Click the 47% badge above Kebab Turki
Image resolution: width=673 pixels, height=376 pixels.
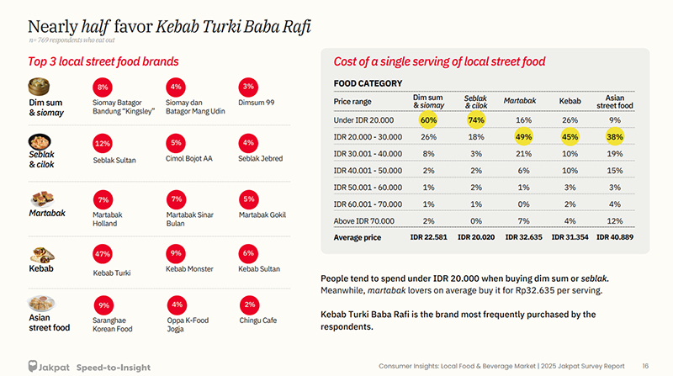tap(103, 253)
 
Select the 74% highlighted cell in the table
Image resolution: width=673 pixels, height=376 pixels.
tap(476, 120)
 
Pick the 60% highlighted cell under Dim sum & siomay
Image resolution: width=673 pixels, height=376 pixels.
tap(428, 120)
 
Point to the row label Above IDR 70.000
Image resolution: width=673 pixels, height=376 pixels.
tap(364, 220)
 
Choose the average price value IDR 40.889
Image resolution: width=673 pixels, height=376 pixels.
tap(614, 237)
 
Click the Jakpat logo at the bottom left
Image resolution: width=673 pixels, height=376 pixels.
tap(50, 367)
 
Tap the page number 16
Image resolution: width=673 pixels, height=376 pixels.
tap(644, 366)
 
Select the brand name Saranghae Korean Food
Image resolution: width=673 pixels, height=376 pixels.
tap(113, 325)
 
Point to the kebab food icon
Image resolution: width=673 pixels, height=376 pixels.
tap(40, 252)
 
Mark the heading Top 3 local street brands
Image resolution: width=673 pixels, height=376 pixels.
tap(103, 61)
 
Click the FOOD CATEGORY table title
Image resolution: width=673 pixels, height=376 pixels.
tap(368, 83)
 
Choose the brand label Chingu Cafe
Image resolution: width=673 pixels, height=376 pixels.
tap(259, 320)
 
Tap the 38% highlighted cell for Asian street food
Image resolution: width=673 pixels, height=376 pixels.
tap(614, 136)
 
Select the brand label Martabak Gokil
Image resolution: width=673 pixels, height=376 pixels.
tap(262, 214)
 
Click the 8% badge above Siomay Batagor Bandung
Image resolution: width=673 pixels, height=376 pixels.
tap(103, 87)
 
